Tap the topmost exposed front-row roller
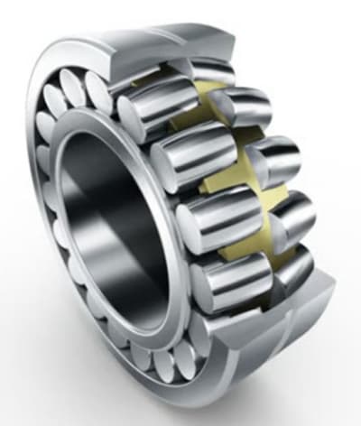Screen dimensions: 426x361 click(153, 108)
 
